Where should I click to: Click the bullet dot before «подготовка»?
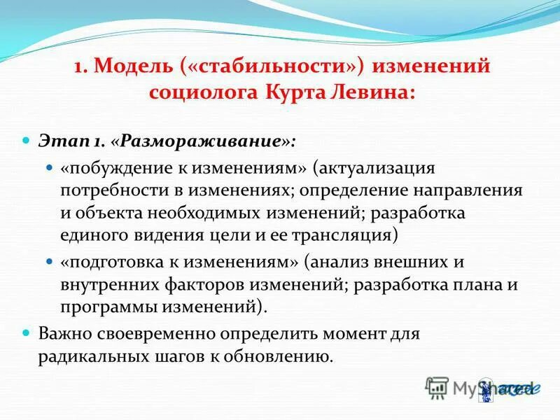point(49,261)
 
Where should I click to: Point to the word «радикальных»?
point(87,356)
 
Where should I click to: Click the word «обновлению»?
point(279,356)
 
